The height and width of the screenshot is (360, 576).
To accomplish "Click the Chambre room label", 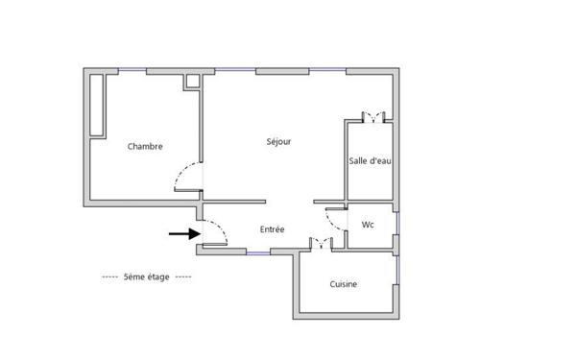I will point(145,147).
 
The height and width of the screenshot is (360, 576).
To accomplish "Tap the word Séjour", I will point(278,142).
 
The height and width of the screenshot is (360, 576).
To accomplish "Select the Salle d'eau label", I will point(370,161).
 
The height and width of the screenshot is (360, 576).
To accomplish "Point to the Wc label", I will point(368,226).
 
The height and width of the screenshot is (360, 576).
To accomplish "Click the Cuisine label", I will point(345,284).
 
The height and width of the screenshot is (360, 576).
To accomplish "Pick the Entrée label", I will point(273,230).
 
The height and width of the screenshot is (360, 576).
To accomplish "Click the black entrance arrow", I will point(183,232).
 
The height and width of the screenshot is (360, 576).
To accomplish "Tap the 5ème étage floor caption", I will point(146,277).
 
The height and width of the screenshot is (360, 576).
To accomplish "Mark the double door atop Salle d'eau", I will point(375,117).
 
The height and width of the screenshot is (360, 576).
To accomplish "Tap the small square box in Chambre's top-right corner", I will point(192,81).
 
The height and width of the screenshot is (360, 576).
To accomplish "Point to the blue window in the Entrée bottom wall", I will point(257,252).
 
